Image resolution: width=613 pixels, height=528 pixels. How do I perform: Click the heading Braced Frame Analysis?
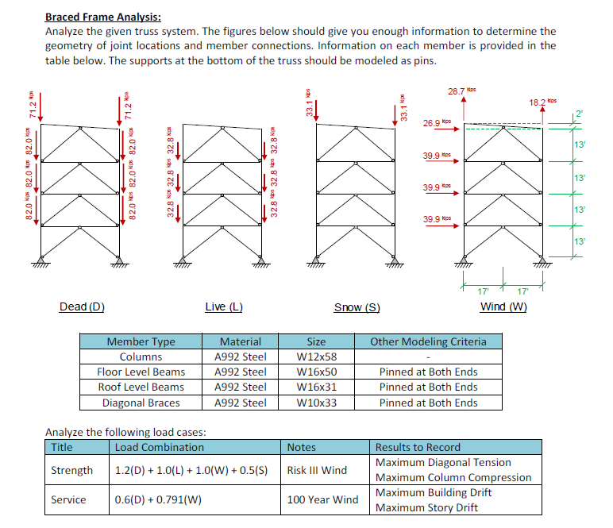click(x=103, y=17)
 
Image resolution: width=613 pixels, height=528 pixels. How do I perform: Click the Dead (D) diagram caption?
click(x=82, y=307)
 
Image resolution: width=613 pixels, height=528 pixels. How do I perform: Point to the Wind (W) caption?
click(x=503, y=307)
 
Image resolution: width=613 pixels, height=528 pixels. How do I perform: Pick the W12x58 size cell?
click(x=316, y=356)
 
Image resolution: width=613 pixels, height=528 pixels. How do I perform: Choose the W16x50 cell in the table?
click(x=316, y=372)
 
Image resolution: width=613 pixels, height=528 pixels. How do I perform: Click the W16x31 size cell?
click(x=316, y=387)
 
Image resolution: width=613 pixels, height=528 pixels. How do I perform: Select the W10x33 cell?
click(x=316, y=403)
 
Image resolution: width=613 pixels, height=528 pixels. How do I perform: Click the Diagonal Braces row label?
click(x=141, y=403)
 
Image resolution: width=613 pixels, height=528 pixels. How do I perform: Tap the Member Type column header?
click(x=141, y=341)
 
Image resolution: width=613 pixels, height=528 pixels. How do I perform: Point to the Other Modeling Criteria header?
click(x=428, y=341)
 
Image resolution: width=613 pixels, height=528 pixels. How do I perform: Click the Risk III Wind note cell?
click(x=317, y=470)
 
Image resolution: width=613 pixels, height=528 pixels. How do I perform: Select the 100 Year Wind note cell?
click(x=322, y=500)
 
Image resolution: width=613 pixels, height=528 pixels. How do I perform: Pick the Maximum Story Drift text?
click(x=426, y=508)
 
